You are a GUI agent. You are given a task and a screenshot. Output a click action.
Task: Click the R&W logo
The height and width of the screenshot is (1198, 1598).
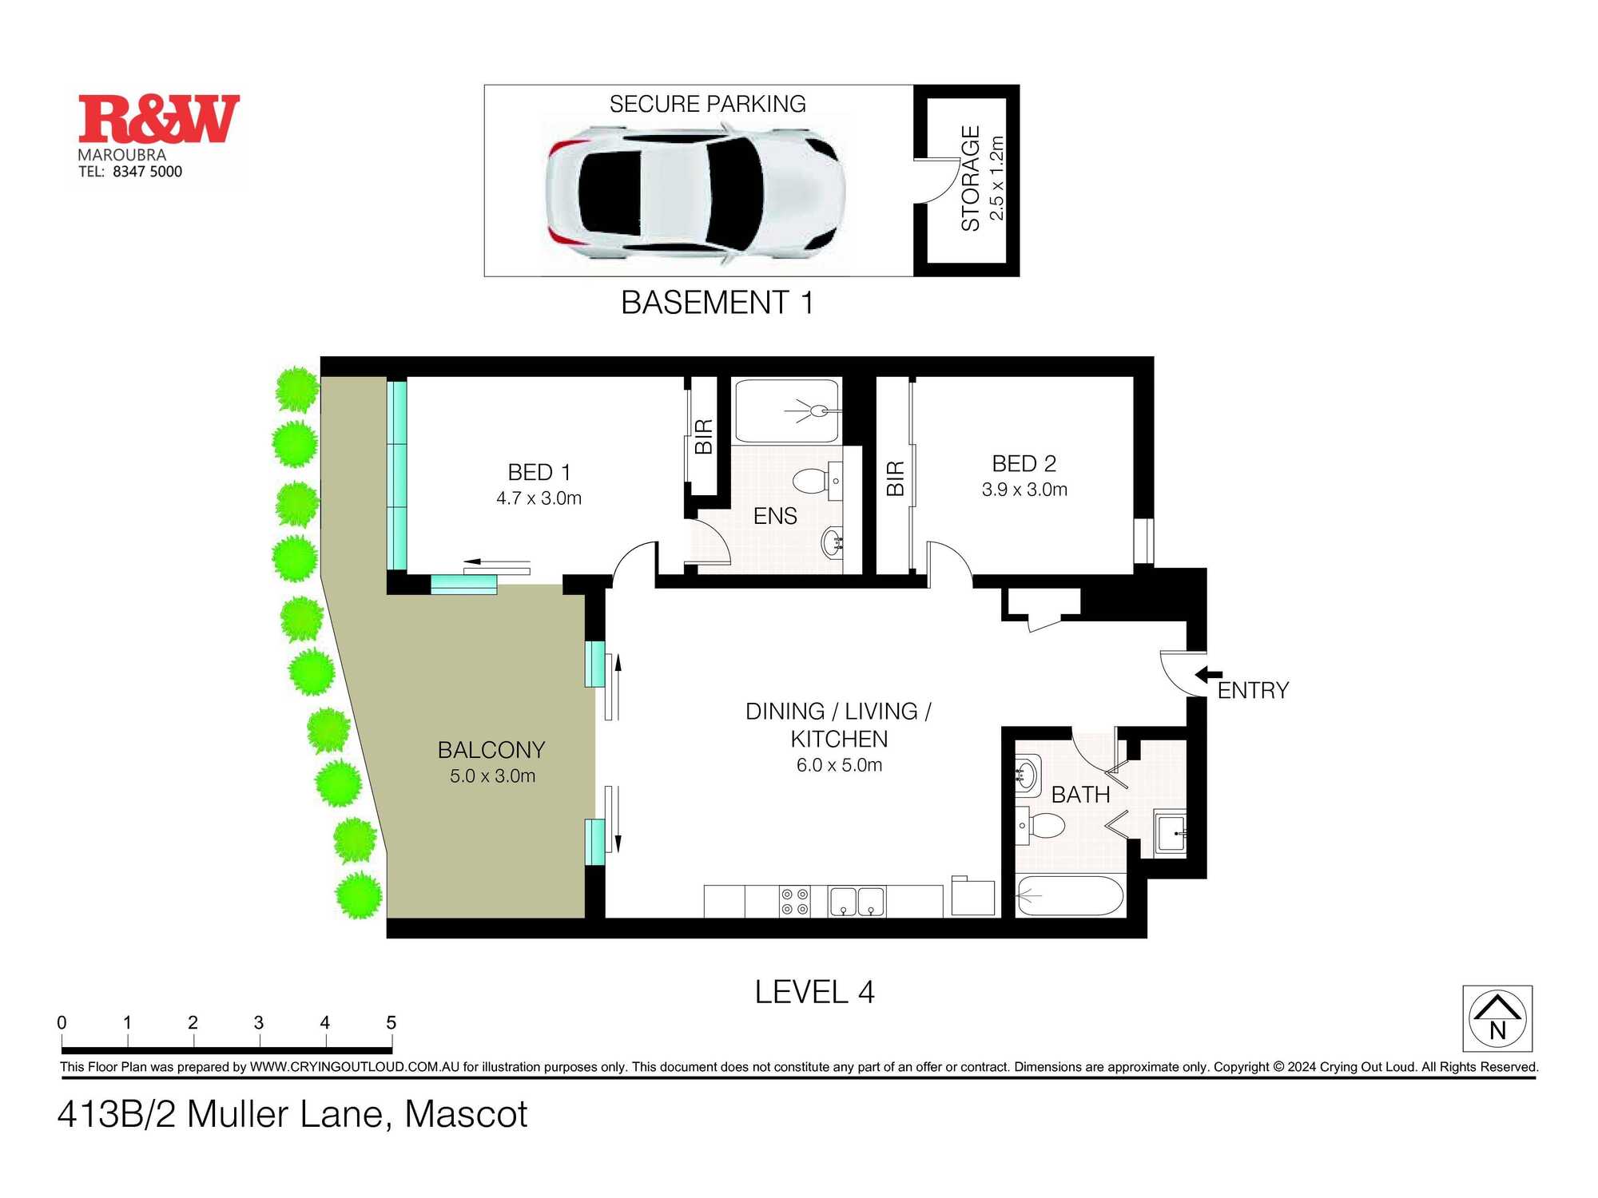(x=159, y=119)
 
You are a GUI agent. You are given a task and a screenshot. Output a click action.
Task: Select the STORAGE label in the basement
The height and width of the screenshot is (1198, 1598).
(x=971, y=179)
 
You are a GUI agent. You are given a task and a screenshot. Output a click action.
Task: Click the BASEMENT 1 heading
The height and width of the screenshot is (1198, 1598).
(x=718, y=303)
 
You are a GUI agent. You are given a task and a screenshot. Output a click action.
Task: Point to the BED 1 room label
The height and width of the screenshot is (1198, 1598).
(x=539, y=472)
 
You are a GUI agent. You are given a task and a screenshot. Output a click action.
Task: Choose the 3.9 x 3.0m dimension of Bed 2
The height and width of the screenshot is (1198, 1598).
(x=1024, y=490)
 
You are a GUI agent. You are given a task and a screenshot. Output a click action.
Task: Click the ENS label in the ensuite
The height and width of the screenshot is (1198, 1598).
(x=775, y=516)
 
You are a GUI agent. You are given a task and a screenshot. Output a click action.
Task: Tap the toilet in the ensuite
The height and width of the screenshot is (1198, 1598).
(x=811, y=481)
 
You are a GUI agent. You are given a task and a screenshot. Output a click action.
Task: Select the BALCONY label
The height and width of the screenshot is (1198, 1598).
(x=491, y=750)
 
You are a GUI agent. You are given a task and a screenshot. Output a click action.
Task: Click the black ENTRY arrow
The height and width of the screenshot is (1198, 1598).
(x=1208, y=675)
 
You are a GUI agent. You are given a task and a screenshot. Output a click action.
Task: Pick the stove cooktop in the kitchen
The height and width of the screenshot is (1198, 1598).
(x=795, y=902)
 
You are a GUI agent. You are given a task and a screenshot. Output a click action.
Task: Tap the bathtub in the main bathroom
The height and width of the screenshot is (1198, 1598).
(x=1071, y=896)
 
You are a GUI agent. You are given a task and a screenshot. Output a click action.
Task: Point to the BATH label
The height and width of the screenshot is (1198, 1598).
(x=1080, y=795)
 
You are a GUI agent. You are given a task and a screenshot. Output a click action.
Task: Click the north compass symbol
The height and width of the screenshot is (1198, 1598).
(x=1497, y=1018)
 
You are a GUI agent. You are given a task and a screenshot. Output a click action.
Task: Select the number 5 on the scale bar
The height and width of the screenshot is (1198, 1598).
(x=391, y=1022)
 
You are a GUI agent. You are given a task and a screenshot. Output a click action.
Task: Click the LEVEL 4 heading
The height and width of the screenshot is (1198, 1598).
(x=815, y=992)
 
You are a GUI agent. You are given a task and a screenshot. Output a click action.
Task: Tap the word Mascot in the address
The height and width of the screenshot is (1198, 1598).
(x=467, y=1114)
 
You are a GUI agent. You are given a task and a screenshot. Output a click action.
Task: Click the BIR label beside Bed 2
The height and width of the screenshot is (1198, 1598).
(x=896, y=478)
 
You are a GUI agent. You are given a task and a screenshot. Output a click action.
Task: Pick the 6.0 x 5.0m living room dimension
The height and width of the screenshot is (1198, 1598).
(x=839, y=765)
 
